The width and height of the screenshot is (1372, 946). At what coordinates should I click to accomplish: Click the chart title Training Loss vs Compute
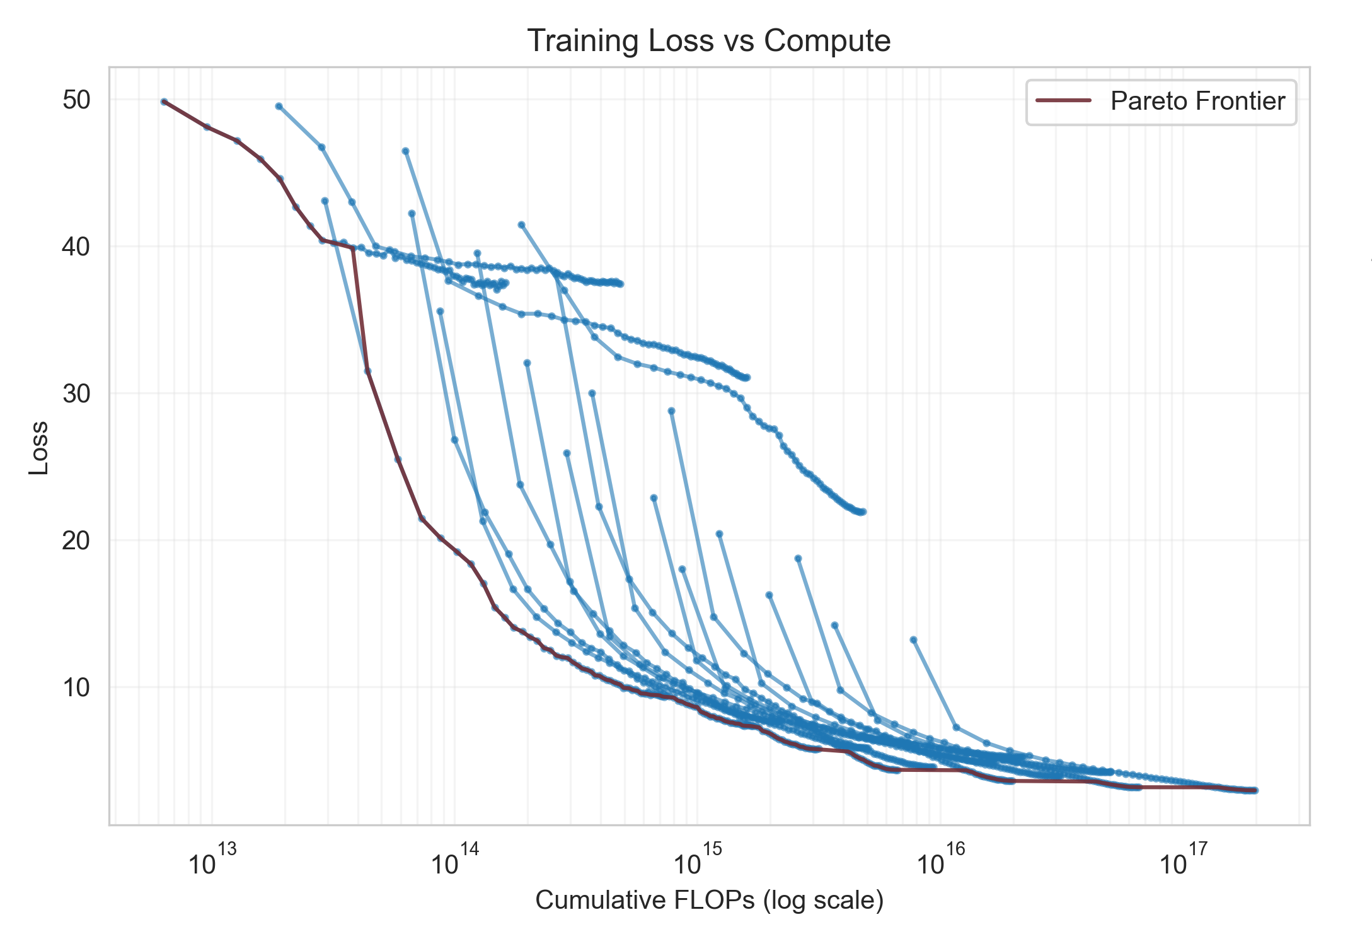click(x=708, y=41)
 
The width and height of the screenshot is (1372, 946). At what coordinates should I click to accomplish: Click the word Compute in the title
click(x=827, y=41)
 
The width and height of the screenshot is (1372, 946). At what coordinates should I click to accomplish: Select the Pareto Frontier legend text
click(x=1197, y=102)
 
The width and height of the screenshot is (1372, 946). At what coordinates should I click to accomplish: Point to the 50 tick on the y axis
click(x=76, y=100)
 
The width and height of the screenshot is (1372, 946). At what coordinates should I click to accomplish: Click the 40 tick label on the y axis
click(x=76, y=247)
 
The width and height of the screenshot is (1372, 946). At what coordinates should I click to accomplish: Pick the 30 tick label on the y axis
click(x=76, y=394)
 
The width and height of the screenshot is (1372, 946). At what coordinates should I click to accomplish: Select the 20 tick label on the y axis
click(x=76, y=540)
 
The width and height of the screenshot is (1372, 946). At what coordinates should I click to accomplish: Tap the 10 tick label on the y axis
click(x=76, y=687)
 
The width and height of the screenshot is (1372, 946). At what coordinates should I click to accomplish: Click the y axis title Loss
click(x=39, y=448)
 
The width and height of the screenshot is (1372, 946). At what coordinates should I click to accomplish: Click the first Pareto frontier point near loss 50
click(x=164, y=102)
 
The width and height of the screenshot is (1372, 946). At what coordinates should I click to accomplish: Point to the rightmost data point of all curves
click(x=1255, y=790)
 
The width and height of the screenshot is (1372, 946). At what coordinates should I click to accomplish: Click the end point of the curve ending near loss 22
click(x=863, y=511)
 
